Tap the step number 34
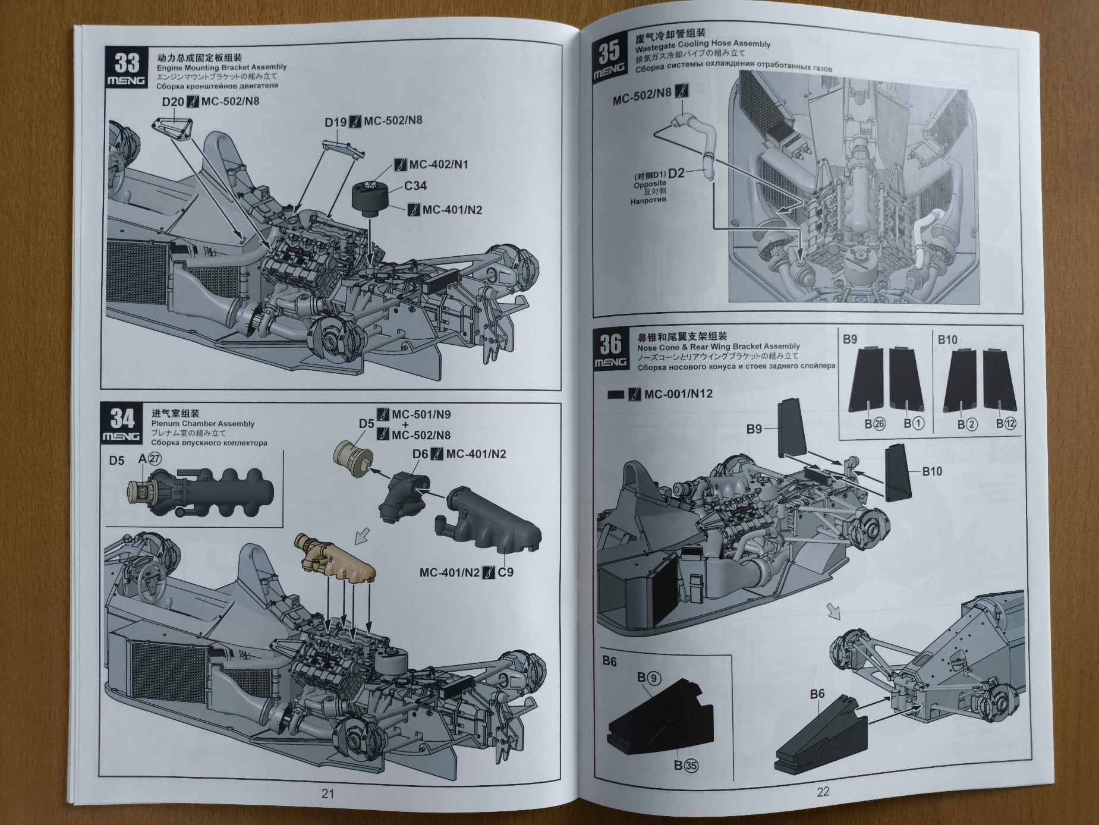[x=122, y=418]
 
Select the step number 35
[x=609, y=52]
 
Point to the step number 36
[x=610, y=344]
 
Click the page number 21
[x=328, y=793]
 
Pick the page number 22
[x=823, y=791]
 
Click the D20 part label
[x=173, y=102]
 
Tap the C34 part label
[x=415, y=186]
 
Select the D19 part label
[x=335, y=122]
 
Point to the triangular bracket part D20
[x=172, y=129]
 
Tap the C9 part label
[x=506, y=572]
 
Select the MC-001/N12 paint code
[x=678, y=393]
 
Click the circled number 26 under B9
[x=879, y=424]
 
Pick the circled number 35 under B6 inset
[x=691, y=766]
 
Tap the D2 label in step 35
[x=676, y=174]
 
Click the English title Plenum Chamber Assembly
[x=203, y=424]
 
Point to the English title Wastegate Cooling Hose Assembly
[x=703, y=44]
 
